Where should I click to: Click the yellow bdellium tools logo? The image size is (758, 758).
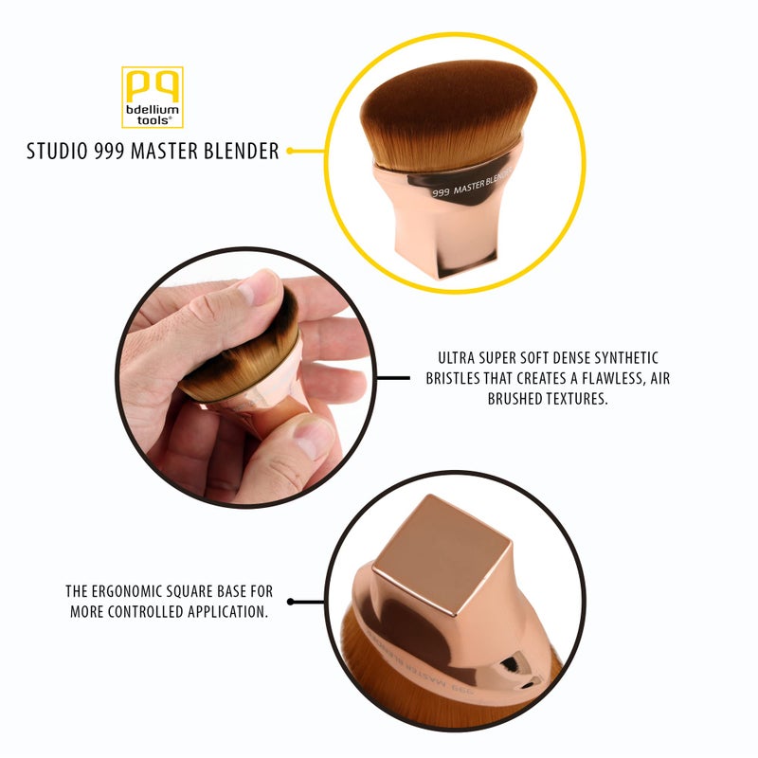pos(152,97)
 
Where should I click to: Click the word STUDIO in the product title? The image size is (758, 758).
pos(56,151)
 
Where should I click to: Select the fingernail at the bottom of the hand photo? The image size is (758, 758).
pos(311,438)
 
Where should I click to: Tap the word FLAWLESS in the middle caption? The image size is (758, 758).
pos(605,379)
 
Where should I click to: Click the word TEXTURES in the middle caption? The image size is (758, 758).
pos(571,400)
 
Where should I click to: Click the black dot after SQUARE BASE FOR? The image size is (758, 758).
pos(292,601)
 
